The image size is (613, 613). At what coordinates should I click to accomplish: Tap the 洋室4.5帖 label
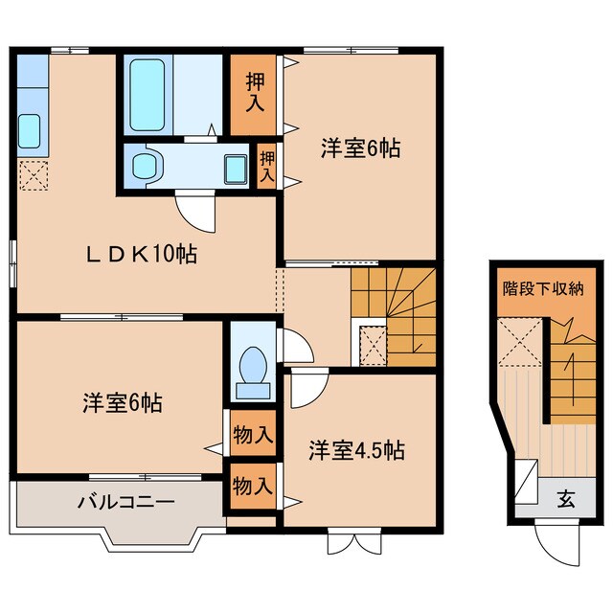(355, 449)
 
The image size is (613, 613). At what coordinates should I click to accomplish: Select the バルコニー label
(126, 501)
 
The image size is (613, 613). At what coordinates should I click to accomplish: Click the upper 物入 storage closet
(253, 435)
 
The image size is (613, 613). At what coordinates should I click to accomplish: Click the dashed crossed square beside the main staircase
(372, 344)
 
